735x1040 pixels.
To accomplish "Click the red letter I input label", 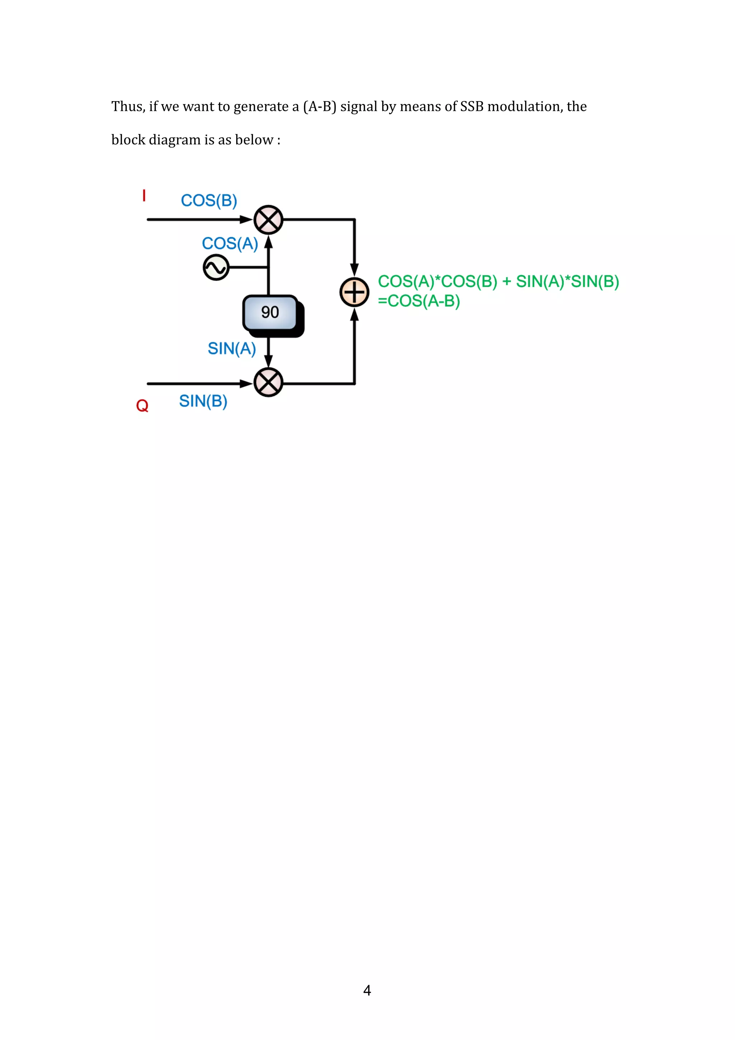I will point(144,196).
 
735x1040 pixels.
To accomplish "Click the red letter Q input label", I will point(142,406).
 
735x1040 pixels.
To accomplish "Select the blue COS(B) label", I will point(209,201).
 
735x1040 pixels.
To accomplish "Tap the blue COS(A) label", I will point(230,244).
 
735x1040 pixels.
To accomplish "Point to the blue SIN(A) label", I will point(231,349).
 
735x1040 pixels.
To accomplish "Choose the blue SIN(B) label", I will point(203,401).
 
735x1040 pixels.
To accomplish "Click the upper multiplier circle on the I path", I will point(268,220).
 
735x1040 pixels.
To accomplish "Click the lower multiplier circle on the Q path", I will point(268,383).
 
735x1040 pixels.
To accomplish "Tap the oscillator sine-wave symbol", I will point(216,268).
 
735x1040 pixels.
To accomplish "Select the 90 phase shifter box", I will point(270,313).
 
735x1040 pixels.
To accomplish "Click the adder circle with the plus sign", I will point(354,292).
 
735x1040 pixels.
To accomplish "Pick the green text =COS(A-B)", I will point(419,301).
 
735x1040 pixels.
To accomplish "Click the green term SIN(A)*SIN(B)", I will point(567,282).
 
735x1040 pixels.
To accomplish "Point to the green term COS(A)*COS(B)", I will point(437,282).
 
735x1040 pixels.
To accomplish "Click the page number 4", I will point(367,990).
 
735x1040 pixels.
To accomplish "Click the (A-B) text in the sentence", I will point(320,107).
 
